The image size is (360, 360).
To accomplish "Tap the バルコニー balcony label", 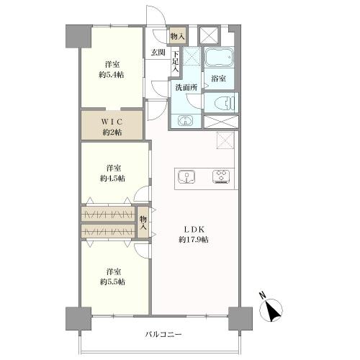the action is click(163, 334).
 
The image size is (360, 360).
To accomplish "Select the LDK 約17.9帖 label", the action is click(194, 235).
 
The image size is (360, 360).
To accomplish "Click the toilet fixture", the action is click(225, 102).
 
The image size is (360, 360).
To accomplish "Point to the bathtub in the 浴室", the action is click(219, 58).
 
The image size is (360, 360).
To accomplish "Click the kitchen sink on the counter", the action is click(186, 177).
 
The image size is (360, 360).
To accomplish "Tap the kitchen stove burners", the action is click(221, 177).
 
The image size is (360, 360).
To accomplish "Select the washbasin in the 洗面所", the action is click(185, 120).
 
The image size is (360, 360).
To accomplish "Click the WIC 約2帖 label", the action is click(112, 127).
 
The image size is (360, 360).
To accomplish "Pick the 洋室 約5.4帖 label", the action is click(112, 70).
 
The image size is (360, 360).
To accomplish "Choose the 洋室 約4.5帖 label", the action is click(112, 174).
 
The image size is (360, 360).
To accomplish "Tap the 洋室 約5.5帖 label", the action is click(112, 276).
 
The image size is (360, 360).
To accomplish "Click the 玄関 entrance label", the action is click(158, 53).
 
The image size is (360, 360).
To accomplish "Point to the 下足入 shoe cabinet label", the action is click(176, 61).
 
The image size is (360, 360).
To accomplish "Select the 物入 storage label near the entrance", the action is click(178, 36).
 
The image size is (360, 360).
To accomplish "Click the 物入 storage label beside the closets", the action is click(143, 222).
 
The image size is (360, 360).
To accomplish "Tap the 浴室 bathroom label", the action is click(218, 78).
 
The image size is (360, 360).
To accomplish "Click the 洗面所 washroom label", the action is click(186, 87).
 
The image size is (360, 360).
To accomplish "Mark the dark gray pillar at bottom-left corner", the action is click(78, 319).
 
